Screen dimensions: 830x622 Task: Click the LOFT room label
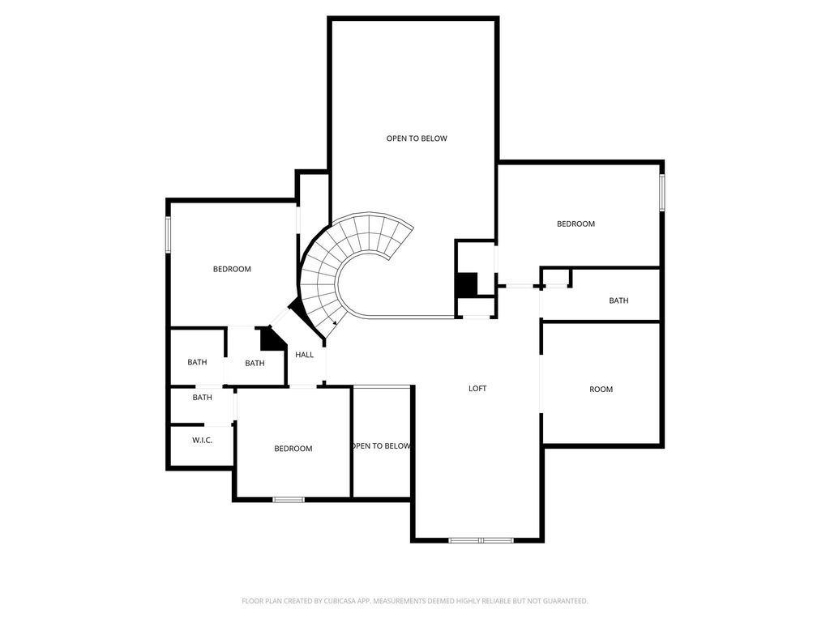click(477, 388)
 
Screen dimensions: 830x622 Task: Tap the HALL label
click(305, 355)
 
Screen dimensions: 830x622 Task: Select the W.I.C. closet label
click(202, 440)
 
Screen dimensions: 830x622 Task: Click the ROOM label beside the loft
click(601, 390)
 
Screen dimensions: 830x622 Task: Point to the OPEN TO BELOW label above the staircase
click(417, 138)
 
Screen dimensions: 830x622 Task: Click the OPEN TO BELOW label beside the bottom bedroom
click(381, 446)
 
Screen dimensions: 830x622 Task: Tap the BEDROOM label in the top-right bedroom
click(575, 224)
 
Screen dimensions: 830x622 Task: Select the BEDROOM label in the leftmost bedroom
click(232, 269)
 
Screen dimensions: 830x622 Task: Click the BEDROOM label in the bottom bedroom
click(293, 449)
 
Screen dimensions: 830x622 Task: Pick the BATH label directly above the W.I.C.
click(202, 397)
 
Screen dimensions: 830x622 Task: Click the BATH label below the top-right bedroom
click(618, 300)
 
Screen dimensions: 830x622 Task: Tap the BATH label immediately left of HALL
click(255, 364)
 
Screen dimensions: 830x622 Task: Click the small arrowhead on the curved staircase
click(335, 322)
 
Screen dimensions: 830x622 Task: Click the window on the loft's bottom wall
click(481, 540)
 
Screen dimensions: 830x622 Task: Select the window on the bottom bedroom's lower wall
click(289, 499)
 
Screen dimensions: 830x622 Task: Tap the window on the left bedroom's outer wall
click(168, 234)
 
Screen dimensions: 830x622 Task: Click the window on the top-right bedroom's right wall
click(661, 193)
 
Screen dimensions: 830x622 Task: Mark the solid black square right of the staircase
click(467, 284)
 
